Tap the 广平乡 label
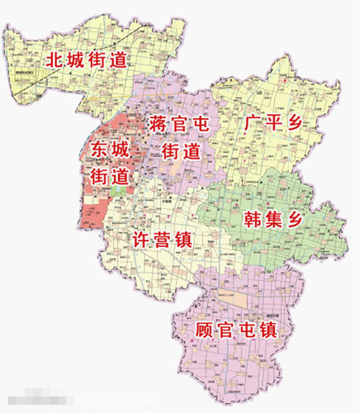[x=273, y=123]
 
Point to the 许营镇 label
[x=162, y=240]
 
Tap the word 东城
[x=111, y=150]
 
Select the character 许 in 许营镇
[x=141, y=240]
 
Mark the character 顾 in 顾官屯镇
[x=206, y=331]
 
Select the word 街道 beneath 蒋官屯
[x=181, y=151]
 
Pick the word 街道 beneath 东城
[x=111, y=176]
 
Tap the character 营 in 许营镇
[x=162, y=240]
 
